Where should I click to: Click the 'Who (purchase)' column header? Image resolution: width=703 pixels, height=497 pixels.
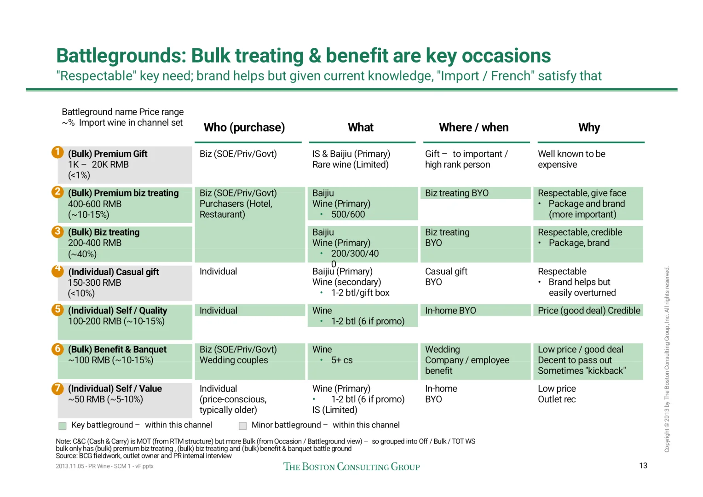(244, 127)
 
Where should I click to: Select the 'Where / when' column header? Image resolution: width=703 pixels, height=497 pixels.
(473, 127)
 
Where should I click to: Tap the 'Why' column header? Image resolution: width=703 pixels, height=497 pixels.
(589, 127)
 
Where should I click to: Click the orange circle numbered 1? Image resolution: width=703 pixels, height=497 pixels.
(58, 152)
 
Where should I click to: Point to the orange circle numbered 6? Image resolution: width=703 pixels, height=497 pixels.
(58, 349)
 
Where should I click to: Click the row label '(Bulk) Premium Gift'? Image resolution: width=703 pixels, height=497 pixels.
(108, 154)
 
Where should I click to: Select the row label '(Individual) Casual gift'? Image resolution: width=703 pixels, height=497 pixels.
(114, 272)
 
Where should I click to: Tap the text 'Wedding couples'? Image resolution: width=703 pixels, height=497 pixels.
(234, 360)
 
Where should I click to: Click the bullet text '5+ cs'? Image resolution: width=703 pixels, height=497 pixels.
(342, 360)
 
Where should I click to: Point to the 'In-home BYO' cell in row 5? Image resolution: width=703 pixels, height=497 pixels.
(450, 311)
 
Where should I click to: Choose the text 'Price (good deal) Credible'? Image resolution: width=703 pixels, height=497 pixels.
(589, 311)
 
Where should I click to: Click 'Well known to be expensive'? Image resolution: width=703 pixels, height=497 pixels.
(571, 159)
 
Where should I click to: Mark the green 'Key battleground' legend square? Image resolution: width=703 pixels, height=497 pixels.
(63, 426)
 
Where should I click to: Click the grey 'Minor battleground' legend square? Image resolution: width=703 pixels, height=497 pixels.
(243, 426)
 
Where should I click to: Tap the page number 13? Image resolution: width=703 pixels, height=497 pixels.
(643, 466)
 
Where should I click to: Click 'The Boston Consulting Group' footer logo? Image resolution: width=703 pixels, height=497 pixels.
(351, 467)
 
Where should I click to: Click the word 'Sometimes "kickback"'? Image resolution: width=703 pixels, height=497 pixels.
(582, 371)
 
